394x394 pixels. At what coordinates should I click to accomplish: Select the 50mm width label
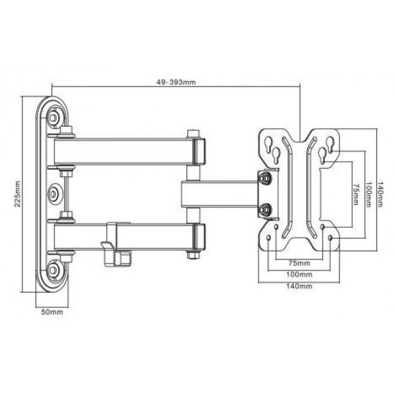point(52,313)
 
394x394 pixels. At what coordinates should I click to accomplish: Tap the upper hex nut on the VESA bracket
point(265,178)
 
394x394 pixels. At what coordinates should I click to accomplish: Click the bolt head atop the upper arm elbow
point(193,133)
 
